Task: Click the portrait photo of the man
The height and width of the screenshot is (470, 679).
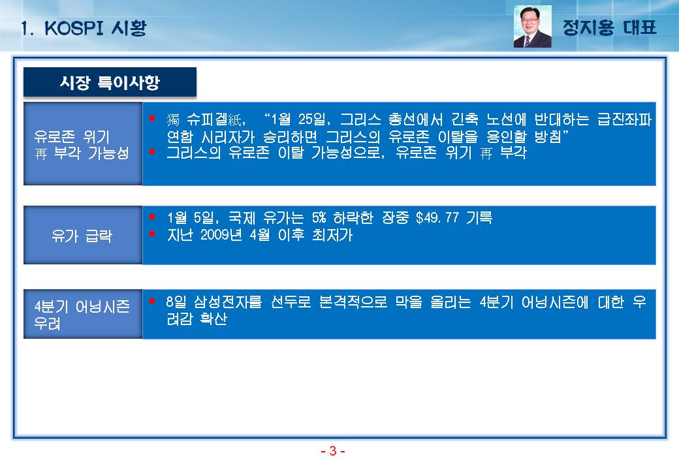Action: click(532, 26)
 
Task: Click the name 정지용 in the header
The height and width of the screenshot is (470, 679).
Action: click(588, 27)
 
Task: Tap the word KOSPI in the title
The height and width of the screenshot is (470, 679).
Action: click(74, 28)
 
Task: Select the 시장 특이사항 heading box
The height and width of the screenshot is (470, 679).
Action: click(110, 82)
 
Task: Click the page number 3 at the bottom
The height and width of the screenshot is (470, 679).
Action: click(332, 451)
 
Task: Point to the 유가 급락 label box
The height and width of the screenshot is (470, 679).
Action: click(83, 235)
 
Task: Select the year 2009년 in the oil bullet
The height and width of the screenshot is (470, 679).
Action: click(221, 234)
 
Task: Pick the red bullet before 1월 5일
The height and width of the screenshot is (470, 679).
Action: click(152, 216)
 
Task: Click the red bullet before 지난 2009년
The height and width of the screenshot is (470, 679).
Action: click(152, 234)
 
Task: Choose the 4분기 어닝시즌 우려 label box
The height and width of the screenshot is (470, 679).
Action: click(83, 314)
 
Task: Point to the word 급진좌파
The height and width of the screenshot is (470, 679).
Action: click(624, 119)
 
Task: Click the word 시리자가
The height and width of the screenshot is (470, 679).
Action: click(228, 137)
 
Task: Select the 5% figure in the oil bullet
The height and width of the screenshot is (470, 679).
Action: click(319, 217)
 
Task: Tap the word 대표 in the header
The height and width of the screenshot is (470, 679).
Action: click(640, 27)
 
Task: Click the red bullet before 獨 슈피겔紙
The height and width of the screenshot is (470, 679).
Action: click(152, 117)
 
